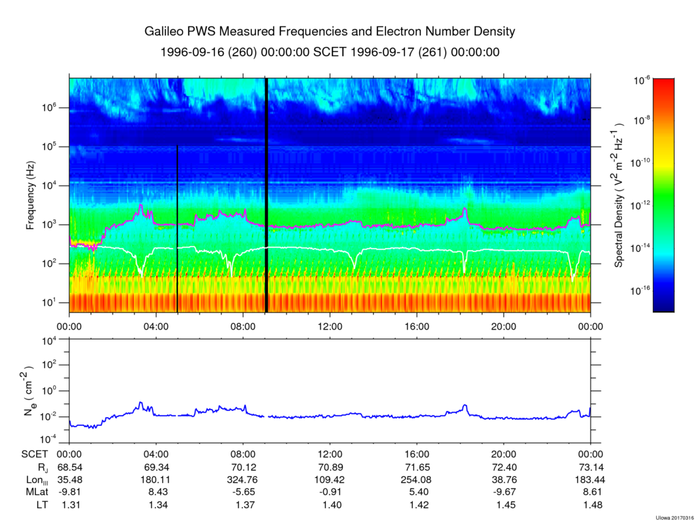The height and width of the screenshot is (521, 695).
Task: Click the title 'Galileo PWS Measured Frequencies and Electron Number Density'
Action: click(330, 31)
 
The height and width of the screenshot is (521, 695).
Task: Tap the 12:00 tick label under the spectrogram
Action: click(330, 325)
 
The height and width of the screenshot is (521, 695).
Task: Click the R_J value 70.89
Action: click(330, 468)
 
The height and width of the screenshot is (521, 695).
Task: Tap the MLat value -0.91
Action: click(330, 492)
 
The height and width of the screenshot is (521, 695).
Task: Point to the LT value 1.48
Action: click(590, 505)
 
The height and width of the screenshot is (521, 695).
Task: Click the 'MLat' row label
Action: click(30, 492)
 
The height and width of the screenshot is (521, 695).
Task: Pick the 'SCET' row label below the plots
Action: click(33, 456)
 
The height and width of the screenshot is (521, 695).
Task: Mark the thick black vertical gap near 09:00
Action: click(266, 195)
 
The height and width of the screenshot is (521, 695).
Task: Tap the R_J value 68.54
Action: click(70, 468)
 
